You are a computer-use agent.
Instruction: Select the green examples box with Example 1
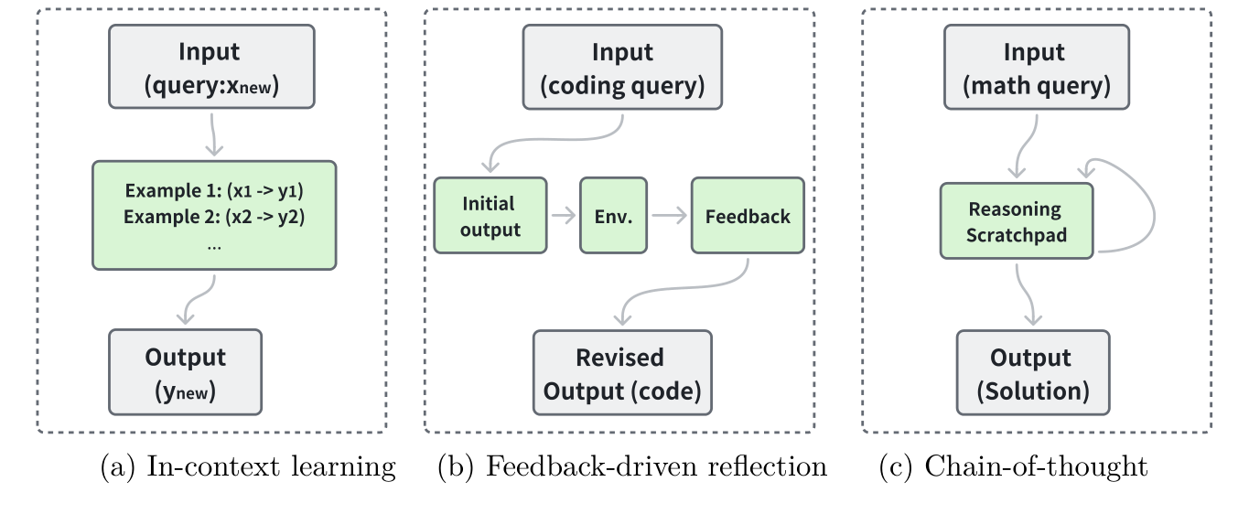pos(214,215)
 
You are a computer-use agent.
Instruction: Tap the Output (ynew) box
pos(185,371)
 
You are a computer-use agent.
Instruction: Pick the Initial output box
pos(490,216)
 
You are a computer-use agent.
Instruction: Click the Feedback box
pos(748,216)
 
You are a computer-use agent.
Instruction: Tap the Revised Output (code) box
pos(622,371)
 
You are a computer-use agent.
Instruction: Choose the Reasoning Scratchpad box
pos(1016,220)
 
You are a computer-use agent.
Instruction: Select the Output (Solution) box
pos(1033,371)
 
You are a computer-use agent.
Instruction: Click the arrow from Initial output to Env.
pos(563,216)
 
